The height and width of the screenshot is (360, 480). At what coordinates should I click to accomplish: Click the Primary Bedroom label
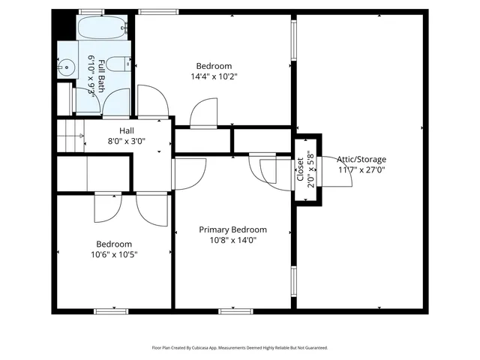pyautogui.click(x=232, y=229)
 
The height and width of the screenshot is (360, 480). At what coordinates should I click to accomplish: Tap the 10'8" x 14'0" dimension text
pyautogui.click(x=232, y=240)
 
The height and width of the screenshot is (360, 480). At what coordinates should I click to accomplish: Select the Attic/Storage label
pyautogui.click(x=361, y=159)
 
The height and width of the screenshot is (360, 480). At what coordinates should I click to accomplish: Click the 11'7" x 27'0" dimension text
pyautogui.click(x=361, y=169)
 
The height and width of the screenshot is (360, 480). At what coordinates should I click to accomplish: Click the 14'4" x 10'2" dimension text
pyautogui.click(x=214, y=76)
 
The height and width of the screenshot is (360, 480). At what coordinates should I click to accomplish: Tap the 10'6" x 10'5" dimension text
pyautogui.click(x=114, y=254)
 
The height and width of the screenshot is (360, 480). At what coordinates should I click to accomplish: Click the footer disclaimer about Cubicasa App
pyautogui.click(x=240, y=348)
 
